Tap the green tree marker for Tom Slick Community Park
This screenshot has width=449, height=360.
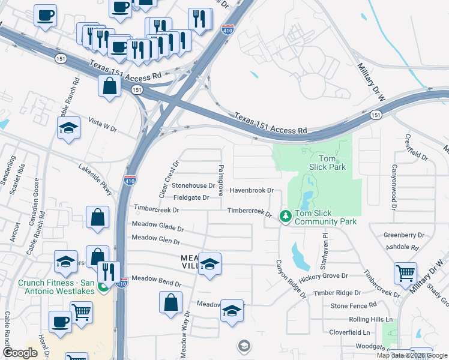click(x=286, y=215)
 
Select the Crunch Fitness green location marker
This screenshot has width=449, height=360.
click(x=103, y=287)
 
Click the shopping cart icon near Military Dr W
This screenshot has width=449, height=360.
click(x=405, y=274)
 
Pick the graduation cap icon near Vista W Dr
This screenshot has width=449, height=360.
click(x=69, y=128)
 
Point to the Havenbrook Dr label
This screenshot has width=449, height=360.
click(x=252, y=190)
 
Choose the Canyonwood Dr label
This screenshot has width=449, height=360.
click(x=394, y=187)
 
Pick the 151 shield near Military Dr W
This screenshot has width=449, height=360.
click(x=376, y=115)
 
